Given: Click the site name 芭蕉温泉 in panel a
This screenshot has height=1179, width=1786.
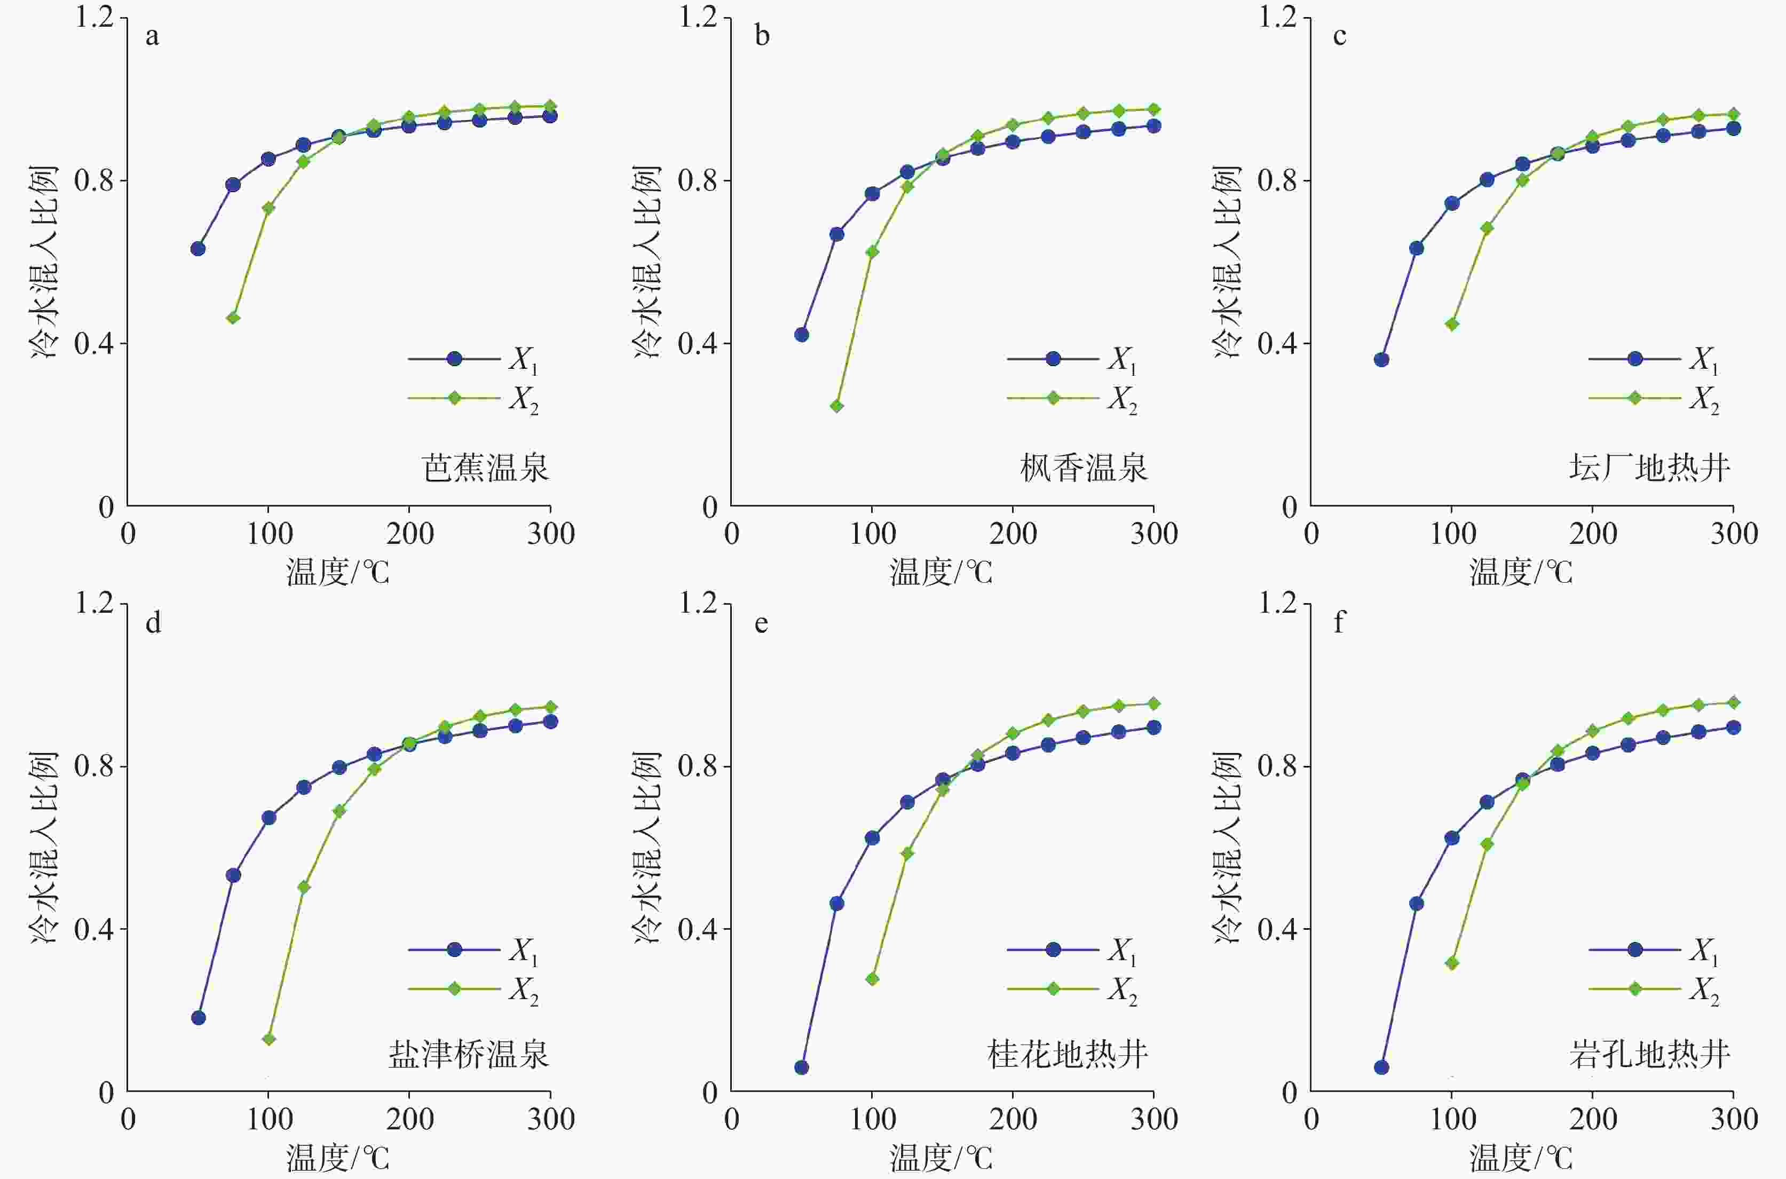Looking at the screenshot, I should (486, 468).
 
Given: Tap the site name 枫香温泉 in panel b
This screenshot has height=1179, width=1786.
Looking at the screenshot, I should (1084, 468).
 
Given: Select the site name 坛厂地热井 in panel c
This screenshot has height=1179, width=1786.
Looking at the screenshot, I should (1650, 468).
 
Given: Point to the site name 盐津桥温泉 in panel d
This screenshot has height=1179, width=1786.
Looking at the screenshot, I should (469, 1054).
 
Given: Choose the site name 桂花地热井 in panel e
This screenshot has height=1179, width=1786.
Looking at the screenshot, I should (1067, 1054).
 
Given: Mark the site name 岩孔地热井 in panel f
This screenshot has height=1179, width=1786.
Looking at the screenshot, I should (1650, 1054).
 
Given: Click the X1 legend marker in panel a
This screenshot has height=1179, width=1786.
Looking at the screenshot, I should (454, 359).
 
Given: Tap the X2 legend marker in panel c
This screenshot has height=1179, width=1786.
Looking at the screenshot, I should (1634, 398).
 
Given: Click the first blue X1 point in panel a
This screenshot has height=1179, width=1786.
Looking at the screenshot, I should (198, 249).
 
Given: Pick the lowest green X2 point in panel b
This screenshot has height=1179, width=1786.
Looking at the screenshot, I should (837, 406).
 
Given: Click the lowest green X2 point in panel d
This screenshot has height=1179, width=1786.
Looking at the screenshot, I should (268, 1039).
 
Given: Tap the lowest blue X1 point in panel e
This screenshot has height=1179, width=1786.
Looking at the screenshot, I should (802, 1067).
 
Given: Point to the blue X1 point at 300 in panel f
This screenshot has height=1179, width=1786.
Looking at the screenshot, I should (1733, 727).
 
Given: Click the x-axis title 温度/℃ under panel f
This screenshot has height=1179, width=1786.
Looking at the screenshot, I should (1521, 1158).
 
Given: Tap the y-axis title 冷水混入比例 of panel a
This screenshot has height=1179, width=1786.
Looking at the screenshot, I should (44, 261).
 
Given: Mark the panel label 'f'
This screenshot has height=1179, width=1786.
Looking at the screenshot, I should (1339, 622).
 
